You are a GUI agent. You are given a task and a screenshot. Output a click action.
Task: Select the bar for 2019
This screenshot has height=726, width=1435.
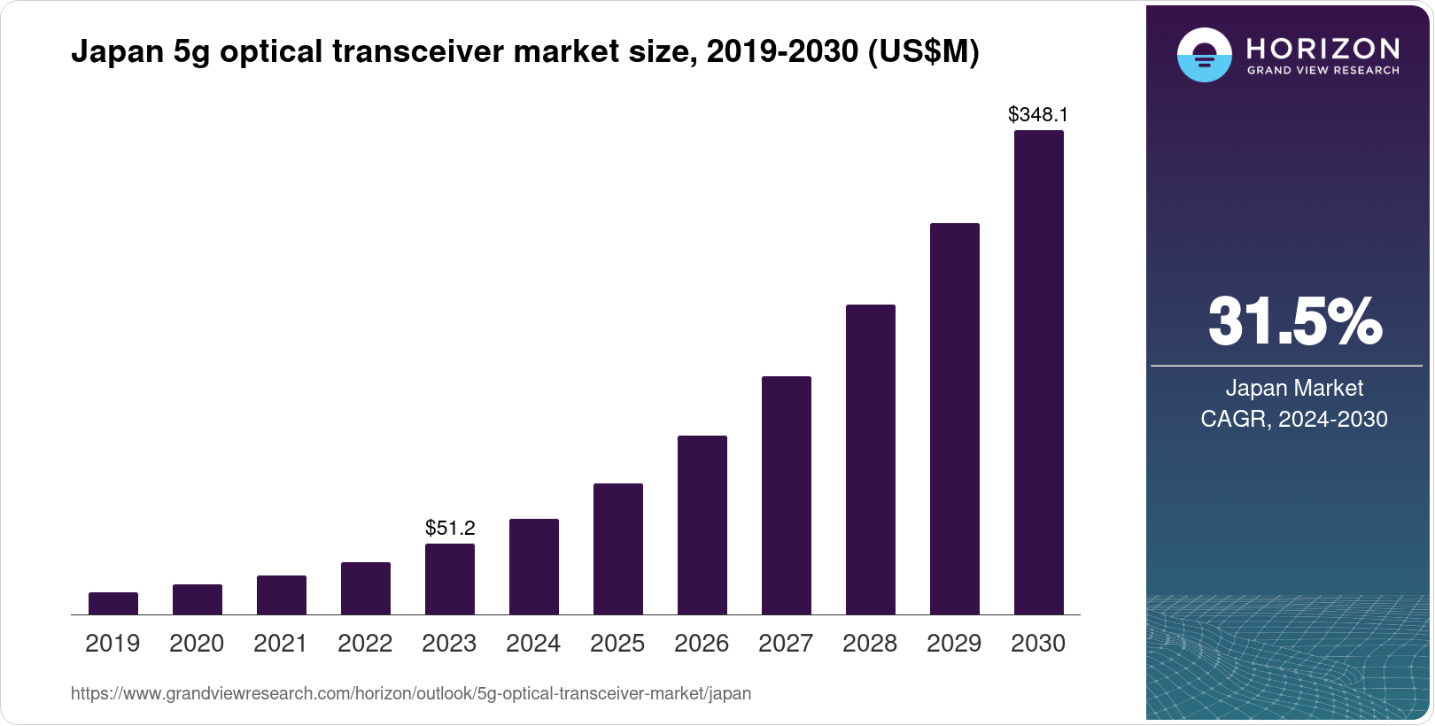point(113,603)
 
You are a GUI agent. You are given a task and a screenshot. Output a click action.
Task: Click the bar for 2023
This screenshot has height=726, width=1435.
point(450,579)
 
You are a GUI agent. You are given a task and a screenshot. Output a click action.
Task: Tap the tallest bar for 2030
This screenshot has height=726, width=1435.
point(1038,372)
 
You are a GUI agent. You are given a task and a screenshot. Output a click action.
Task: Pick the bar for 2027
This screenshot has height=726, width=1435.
point(787,495)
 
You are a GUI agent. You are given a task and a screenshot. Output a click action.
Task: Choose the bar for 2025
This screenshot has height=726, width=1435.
point(618,549)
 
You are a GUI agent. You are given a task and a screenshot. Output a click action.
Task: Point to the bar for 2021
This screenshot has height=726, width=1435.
point(282,595)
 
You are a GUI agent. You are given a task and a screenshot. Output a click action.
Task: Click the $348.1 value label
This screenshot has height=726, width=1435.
point(1038,114)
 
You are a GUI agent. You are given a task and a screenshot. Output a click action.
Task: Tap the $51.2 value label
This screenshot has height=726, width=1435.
point(450,529)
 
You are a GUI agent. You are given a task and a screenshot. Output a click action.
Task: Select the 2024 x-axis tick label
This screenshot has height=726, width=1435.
point(533,644)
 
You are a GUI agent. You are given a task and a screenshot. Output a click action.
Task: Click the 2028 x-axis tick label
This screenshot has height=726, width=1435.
point(870,644)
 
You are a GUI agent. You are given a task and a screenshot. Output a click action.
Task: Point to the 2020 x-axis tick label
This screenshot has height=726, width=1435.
point(197,644)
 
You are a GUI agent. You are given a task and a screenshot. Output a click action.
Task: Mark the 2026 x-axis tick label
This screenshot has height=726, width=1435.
point(702,644)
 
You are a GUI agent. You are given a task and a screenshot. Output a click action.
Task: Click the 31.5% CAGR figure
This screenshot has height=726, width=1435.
point(1294,321)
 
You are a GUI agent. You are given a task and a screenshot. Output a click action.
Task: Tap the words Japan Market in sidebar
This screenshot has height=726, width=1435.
point(1294,388)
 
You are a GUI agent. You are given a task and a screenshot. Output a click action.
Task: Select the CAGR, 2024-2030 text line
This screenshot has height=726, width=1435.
point(1294,419)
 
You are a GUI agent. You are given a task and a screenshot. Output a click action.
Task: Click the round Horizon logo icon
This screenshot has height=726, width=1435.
point(1204,55)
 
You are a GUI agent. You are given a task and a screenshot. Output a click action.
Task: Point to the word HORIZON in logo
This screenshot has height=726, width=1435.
point(1323,48)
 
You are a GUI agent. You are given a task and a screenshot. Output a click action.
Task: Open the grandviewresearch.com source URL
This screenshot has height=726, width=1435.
point(411,694)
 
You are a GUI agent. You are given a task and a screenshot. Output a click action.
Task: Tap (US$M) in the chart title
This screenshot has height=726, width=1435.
point(923,51)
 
